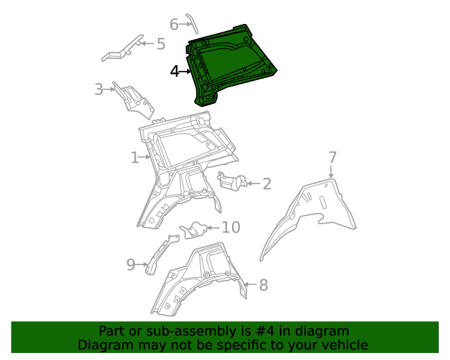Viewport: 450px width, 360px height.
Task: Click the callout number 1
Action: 134,157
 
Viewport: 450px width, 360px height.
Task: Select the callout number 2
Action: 266,184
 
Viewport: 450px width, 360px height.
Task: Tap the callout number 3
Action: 99,89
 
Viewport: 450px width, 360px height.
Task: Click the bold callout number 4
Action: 175,71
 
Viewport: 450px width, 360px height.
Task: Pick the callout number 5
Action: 160,44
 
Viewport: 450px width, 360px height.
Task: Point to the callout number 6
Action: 174,23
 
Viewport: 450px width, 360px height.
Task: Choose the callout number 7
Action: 333,157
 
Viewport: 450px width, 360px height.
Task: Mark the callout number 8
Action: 263,285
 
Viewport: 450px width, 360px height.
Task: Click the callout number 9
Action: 131,264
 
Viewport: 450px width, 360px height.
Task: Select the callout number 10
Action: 231,227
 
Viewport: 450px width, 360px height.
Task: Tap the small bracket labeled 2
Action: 231,181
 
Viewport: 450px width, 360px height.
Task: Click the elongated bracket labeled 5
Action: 124,49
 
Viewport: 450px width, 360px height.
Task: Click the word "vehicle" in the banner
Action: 344,345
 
